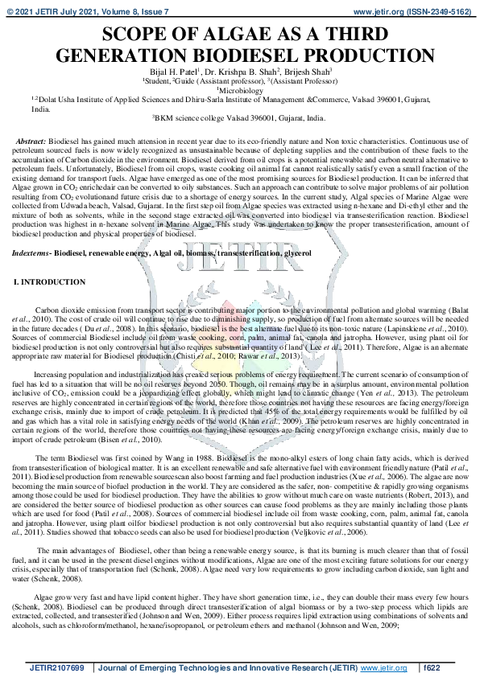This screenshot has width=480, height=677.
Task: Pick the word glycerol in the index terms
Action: tap(296, 253)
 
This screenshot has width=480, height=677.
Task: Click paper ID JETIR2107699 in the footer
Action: tap(56, 667)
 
